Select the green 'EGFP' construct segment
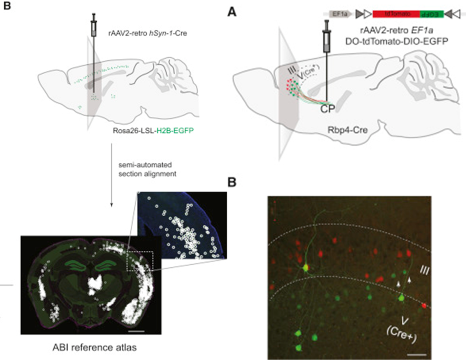(x=431, y=15)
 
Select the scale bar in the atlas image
(x=136, y=331)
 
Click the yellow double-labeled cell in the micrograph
(x=305, y=268)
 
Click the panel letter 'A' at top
(x=232, y=13)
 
